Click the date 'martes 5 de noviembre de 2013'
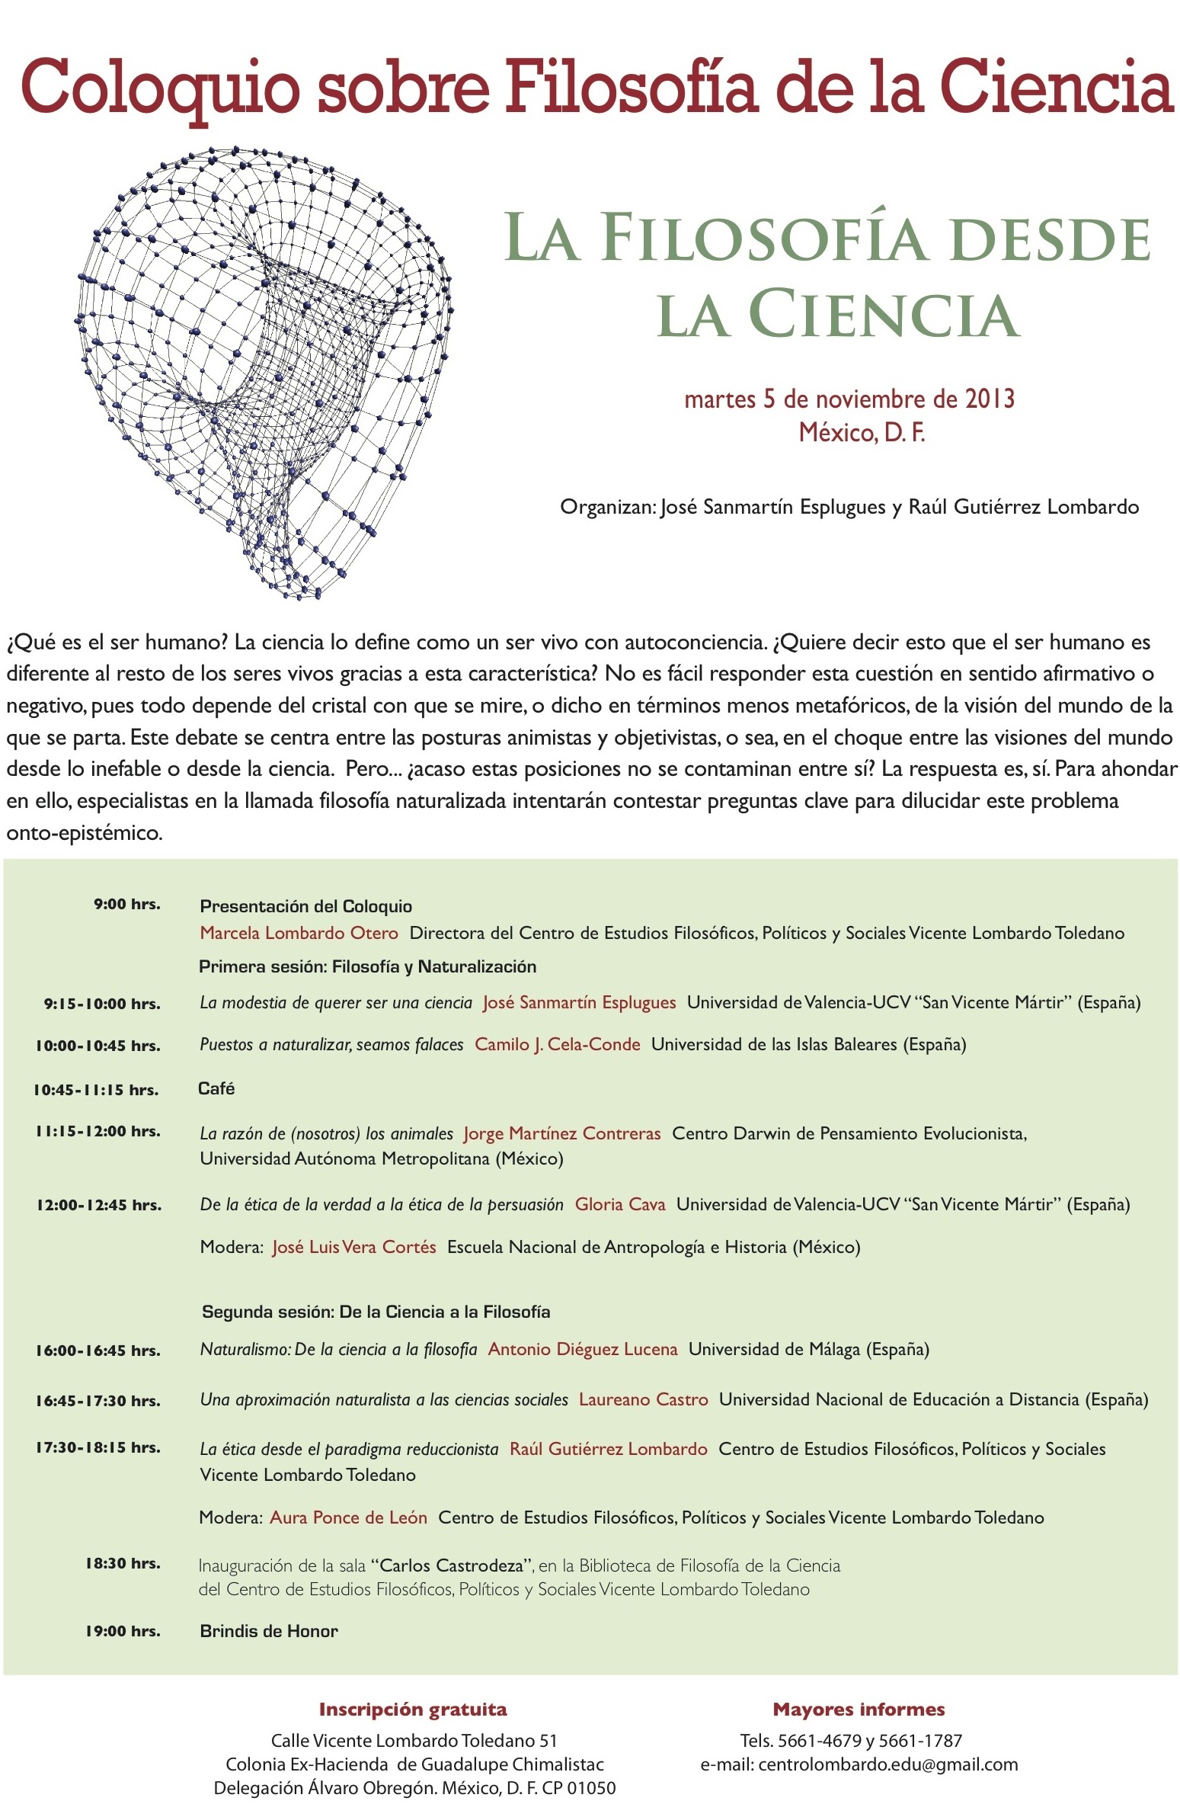(849, 399)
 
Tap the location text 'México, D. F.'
(861, 433)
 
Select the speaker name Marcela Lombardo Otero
(299, 932)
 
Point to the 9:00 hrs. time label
(126, 904)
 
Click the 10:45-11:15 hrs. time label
(95, 1089)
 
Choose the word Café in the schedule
(216, 1088)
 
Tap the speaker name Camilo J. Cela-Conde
(557, 1043)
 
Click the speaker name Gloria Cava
(620, 1204)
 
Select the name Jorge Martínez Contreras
(561, 1133)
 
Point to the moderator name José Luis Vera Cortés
(354, 1247)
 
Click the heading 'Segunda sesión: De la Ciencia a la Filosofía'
(376, 1312)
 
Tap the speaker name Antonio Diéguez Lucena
(582, 1349)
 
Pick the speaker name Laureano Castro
(643, 1399)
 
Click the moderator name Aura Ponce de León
(348, 1517)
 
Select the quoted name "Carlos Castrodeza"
(452, 1565)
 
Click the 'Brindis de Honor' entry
(269, 1631)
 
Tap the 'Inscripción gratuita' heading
(412, 1710)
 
